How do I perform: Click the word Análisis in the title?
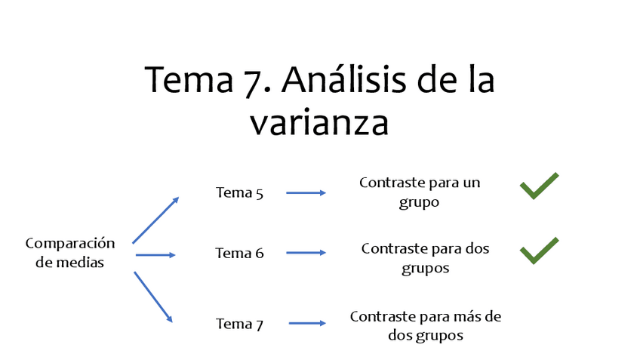coord(343,79)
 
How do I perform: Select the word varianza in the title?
coord(319,122)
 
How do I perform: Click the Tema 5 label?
coord(239,192)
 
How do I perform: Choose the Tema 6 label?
coord(239,254)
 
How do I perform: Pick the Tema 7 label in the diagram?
coord(239,324)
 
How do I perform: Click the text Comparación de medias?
coord(69,253)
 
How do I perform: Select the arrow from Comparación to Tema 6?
coord(155,255)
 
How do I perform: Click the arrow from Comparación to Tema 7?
coord(153,297)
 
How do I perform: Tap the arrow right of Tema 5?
coord(306,192)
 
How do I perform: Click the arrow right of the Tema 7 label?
coord(307,323)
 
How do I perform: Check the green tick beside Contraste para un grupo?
coord(539,186)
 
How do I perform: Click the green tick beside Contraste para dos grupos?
coord(539,251)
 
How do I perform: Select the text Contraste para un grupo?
coord(420,192)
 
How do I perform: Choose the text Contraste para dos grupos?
coord(426,257)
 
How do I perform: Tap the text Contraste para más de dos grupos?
coord(426,326)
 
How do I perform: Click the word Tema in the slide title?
coord(188,79)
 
